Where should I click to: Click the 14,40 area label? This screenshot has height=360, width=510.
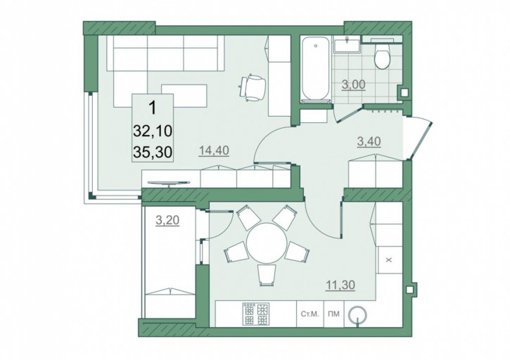[x=215, y=150]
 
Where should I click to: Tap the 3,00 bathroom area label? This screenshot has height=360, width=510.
[x=354, y=84]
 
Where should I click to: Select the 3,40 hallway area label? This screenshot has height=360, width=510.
[x=369, y=141]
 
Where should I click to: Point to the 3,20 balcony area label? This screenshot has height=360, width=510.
[x=167, y=221]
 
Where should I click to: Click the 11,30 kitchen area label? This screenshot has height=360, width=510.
[x=340, y=285]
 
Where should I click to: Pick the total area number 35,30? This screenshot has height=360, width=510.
[x=153, y=152]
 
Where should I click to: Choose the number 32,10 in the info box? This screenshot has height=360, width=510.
[x=153, y=131]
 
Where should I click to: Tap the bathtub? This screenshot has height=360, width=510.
[x=315, y=69]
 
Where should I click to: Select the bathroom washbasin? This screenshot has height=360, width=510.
[x=347, y=44]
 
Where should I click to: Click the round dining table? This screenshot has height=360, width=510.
[x=267, y=243]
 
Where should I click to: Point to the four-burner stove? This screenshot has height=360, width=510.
[x=255, y=314]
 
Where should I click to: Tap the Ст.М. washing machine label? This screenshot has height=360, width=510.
[x=310, y=314]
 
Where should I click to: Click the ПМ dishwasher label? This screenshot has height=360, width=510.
[x=334, y=314]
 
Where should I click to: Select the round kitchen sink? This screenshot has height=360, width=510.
[x=358, y=314]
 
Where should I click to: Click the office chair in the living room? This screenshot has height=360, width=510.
[x=253, y=87]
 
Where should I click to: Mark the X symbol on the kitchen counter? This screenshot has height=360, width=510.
[x=389, y=260]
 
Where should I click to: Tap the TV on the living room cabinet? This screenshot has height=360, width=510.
[x=169, y=183]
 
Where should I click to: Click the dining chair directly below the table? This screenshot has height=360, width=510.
[x=267, y=275]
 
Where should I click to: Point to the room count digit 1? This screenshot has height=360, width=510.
[x=152, y=108]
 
